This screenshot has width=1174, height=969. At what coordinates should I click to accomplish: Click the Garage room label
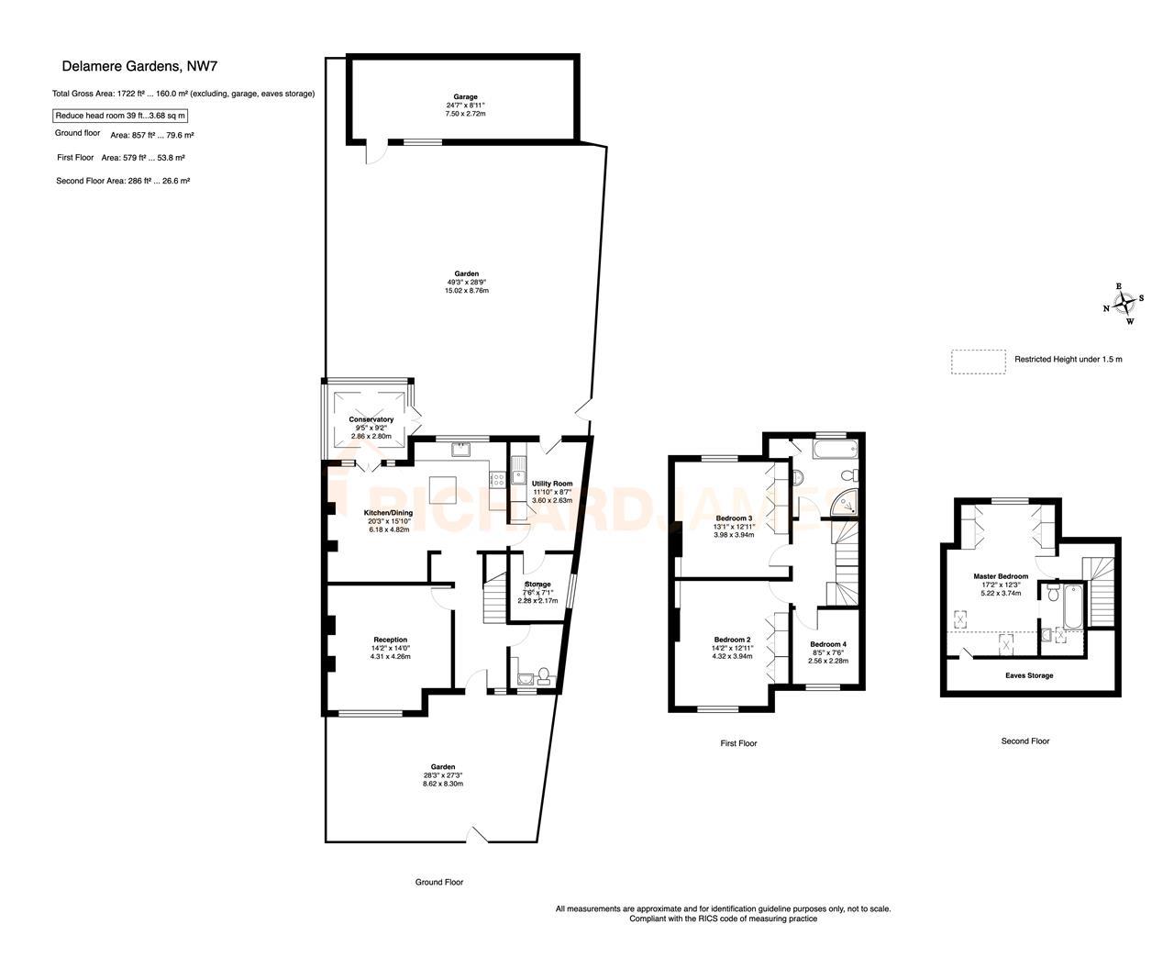465,96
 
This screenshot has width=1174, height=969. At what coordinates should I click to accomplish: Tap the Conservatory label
371,419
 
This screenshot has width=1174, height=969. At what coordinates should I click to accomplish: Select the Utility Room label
552,484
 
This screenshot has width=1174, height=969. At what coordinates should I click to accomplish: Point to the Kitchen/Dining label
388,513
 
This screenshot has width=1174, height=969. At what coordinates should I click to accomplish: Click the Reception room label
390,640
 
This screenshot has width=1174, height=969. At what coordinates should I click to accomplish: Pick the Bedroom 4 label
828,644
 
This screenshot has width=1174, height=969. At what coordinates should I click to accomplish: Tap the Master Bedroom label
1001,576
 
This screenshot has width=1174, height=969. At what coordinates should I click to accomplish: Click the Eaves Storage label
1029,675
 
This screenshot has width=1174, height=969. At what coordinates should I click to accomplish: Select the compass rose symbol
1124,304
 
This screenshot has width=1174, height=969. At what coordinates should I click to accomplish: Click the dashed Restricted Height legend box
979,362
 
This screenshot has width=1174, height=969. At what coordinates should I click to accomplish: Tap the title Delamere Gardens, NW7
139,66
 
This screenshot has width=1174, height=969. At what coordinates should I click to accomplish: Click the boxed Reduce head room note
120,116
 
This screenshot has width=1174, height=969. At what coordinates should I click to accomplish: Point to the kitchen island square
443,490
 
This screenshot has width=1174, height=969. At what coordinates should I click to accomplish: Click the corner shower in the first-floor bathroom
845,503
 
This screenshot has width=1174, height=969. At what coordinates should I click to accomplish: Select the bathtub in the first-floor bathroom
836,451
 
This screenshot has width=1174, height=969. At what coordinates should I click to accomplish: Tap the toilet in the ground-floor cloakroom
544,675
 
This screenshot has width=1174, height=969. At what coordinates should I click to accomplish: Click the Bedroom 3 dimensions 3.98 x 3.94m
734,535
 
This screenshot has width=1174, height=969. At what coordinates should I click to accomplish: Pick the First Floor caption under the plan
738,743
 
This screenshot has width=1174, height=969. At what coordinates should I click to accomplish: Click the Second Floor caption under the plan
1025,741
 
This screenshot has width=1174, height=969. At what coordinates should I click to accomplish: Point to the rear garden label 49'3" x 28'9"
466,282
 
